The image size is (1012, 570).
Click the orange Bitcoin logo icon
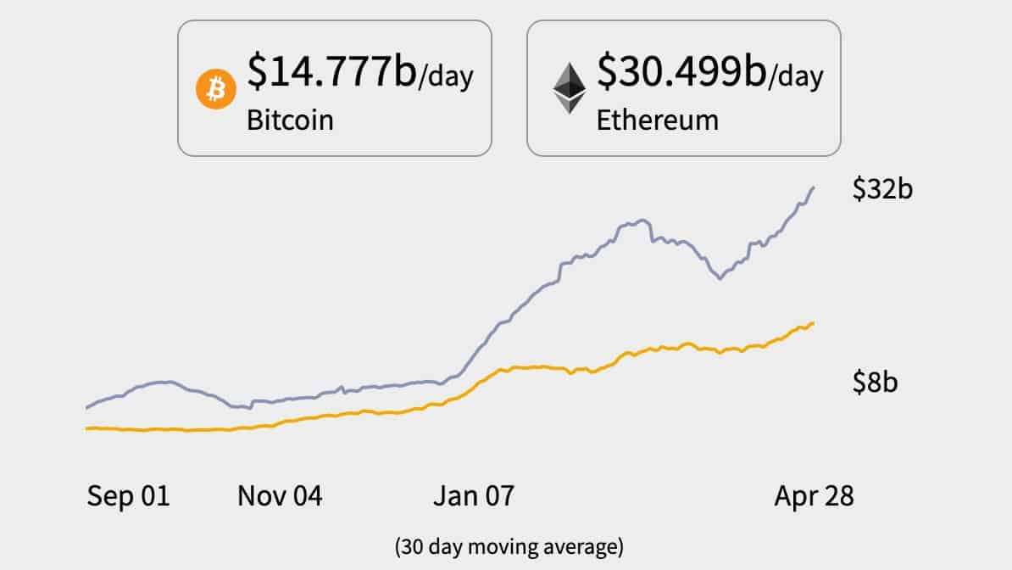pyautogui.click(x=216, y=88)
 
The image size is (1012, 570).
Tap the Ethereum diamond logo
pyautogui.click(x=570, y=89)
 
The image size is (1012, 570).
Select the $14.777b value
pyautogui.click(x=331, y=70)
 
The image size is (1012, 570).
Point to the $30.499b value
pyautogui.click(x=681, y=70)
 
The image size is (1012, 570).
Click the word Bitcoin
pyautogui.click(x=290, y=119)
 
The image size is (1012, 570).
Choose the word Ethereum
pyautogui.click(x=657, y=119)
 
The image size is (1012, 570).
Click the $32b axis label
pyautogui.click(x=882, y=189)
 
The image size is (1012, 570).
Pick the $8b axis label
pyautogui.click(x=875, y=383)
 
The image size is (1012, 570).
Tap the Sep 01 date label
pyautogui.click(x=128, y=496)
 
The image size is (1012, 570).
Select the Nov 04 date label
pyautogui.click(x=280, y=496)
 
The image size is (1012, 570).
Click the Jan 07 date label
pyautogui.click(x=473, y=496)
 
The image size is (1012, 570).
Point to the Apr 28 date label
pyautogui.click(x=814, y=496)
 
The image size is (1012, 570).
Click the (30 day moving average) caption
pyautogui.click(x=509, y=546)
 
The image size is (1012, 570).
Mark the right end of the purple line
pyautogui.click(x=814, y=187)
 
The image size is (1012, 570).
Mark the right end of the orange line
pyautogui.click(x=814, y=323)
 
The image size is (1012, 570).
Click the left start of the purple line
pyautogui.click(x=87, y=408)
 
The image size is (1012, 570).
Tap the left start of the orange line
pyautogui.click(x=87, y=428)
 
